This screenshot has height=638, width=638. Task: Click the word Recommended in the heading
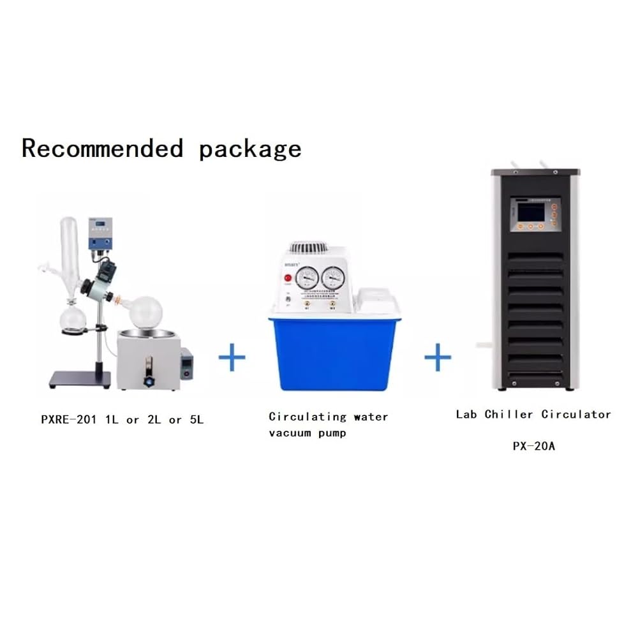(102, 149)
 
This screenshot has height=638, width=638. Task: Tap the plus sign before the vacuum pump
(232, 357)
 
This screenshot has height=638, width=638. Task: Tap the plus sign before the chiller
(438, 357)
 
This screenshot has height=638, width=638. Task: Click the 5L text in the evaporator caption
(193, 420)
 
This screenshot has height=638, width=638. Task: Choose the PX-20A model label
(534, 446)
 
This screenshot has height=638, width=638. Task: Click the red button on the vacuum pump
(288, 278)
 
